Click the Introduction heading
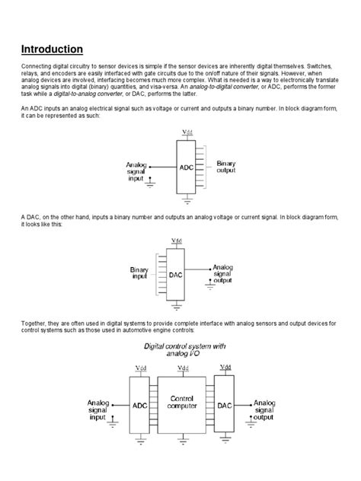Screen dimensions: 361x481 [52, 49]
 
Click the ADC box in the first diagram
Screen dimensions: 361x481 [187, 167]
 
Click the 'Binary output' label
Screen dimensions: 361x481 [226, 167]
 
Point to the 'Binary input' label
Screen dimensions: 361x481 [139, 273]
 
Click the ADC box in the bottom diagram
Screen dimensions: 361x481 [140, 406]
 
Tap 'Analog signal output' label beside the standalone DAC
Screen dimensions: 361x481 [223, 273]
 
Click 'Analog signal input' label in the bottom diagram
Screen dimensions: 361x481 [97, 409]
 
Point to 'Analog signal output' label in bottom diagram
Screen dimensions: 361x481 [264, 409]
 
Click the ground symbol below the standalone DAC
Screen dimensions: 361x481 [177, 307]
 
